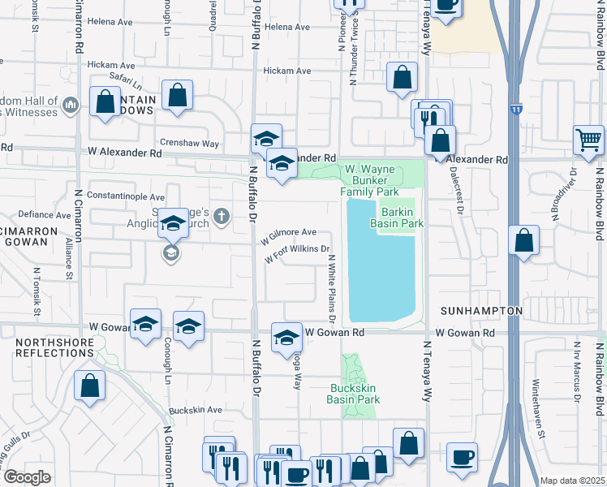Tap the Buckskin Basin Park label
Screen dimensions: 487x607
coord(354,394)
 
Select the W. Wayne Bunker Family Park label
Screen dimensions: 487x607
coord(369,181)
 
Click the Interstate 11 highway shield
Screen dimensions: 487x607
coord(517,108)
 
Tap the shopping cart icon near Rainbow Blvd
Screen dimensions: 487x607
coord(588,139)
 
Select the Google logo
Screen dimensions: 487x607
coord(27,476)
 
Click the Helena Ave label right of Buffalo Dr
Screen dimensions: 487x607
coord(287,27)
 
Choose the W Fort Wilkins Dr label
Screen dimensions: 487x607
coord(299,254)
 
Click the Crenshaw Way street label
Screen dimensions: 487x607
coord(189,143)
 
